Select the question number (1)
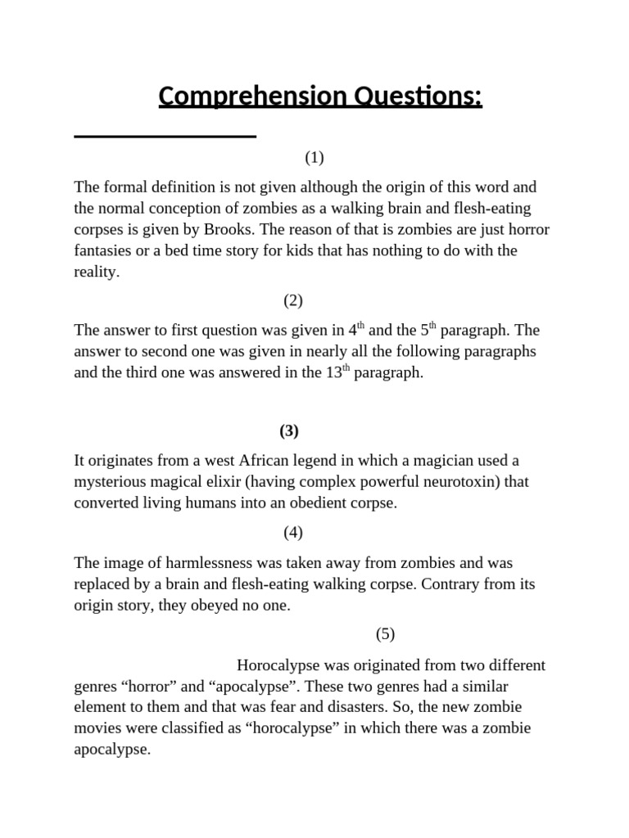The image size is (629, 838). [x=314, y=157]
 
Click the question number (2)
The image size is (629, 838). [x=293, y=300]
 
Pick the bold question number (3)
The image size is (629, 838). [x=288, y=430]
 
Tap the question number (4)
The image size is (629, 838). [x=293, y=533]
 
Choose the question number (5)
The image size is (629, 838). [x=385, y=633]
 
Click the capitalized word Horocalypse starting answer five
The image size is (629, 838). [x=278, y=665]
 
